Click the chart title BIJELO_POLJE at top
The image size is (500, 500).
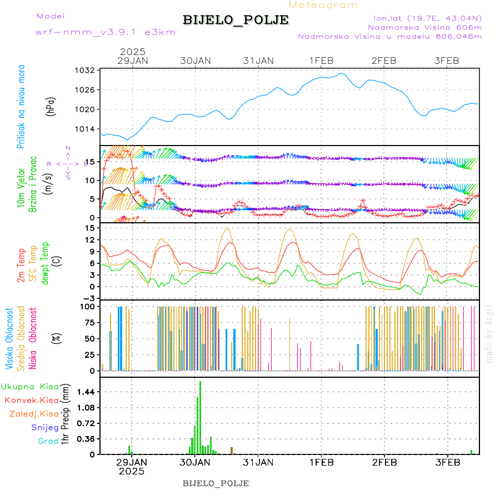236,20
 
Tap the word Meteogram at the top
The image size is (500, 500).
323,5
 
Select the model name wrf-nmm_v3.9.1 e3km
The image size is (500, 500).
106,32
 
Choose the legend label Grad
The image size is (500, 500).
48,442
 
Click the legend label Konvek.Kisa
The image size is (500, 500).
32,400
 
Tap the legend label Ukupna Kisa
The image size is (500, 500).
30,386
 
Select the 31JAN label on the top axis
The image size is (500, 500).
258,61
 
